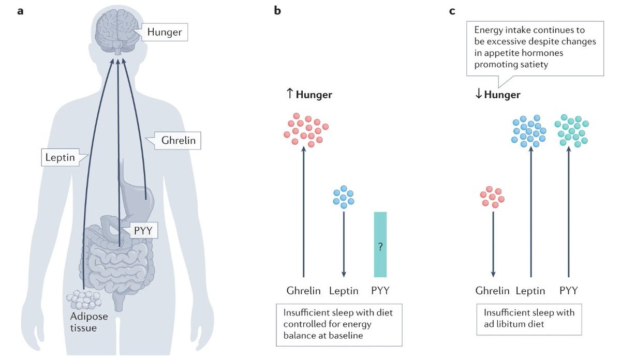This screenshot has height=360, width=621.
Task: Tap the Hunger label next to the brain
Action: click(165, 33)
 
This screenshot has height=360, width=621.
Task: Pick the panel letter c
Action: click(452, 10)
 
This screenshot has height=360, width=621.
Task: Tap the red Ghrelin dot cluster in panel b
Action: click(306, 129)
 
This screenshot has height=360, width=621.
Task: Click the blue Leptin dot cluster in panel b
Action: click(344, 197)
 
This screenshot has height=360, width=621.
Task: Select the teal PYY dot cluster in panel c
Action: click(571, 130)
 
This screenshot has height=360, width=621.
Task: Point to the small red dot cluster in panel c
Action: click(492, 197)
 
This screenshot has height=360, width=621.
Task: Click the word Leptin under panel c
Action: click(530, 291)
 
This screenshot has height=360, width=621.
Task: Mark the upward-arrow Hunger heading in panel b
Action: click(309, 95)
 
